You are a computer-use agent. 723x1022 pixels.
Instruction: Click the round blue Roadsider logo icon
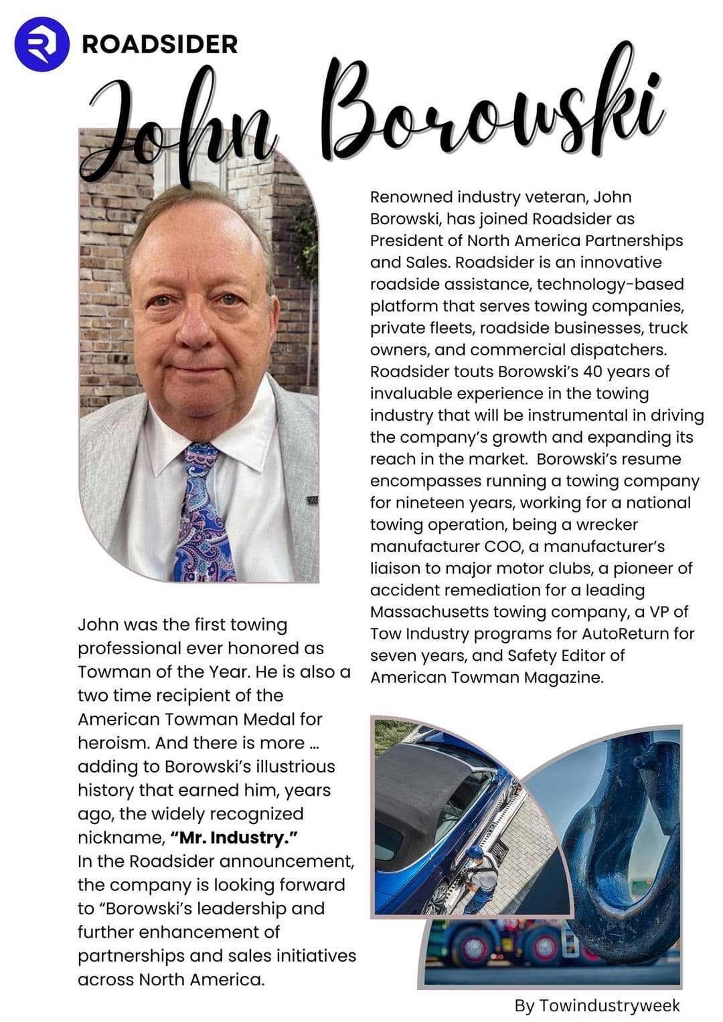click(x=42, y=44)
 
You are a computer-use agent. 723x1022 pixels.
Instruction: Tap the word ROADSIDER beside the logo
click(x=159, y=45)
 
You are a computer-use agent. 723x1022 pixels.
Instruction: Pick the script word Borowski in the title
click(x=495, y=110)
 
